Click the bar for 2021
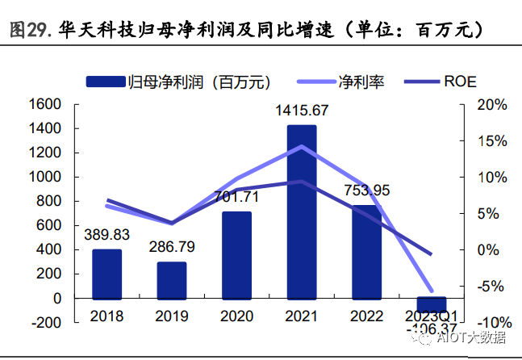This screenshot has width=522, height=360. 302,211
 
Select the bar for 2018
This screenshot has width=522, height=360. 106,274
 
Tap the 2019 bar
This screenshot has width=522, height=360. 172,279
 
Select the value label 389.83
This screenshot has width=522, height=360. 107,234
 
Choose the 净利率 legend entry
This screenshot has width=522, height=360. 338,81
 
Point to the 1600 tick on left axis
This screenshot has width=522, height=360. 46,105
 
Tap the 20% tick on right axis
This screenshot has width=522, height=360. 491,105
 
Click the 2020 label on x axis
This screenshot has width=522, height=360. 236,316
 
